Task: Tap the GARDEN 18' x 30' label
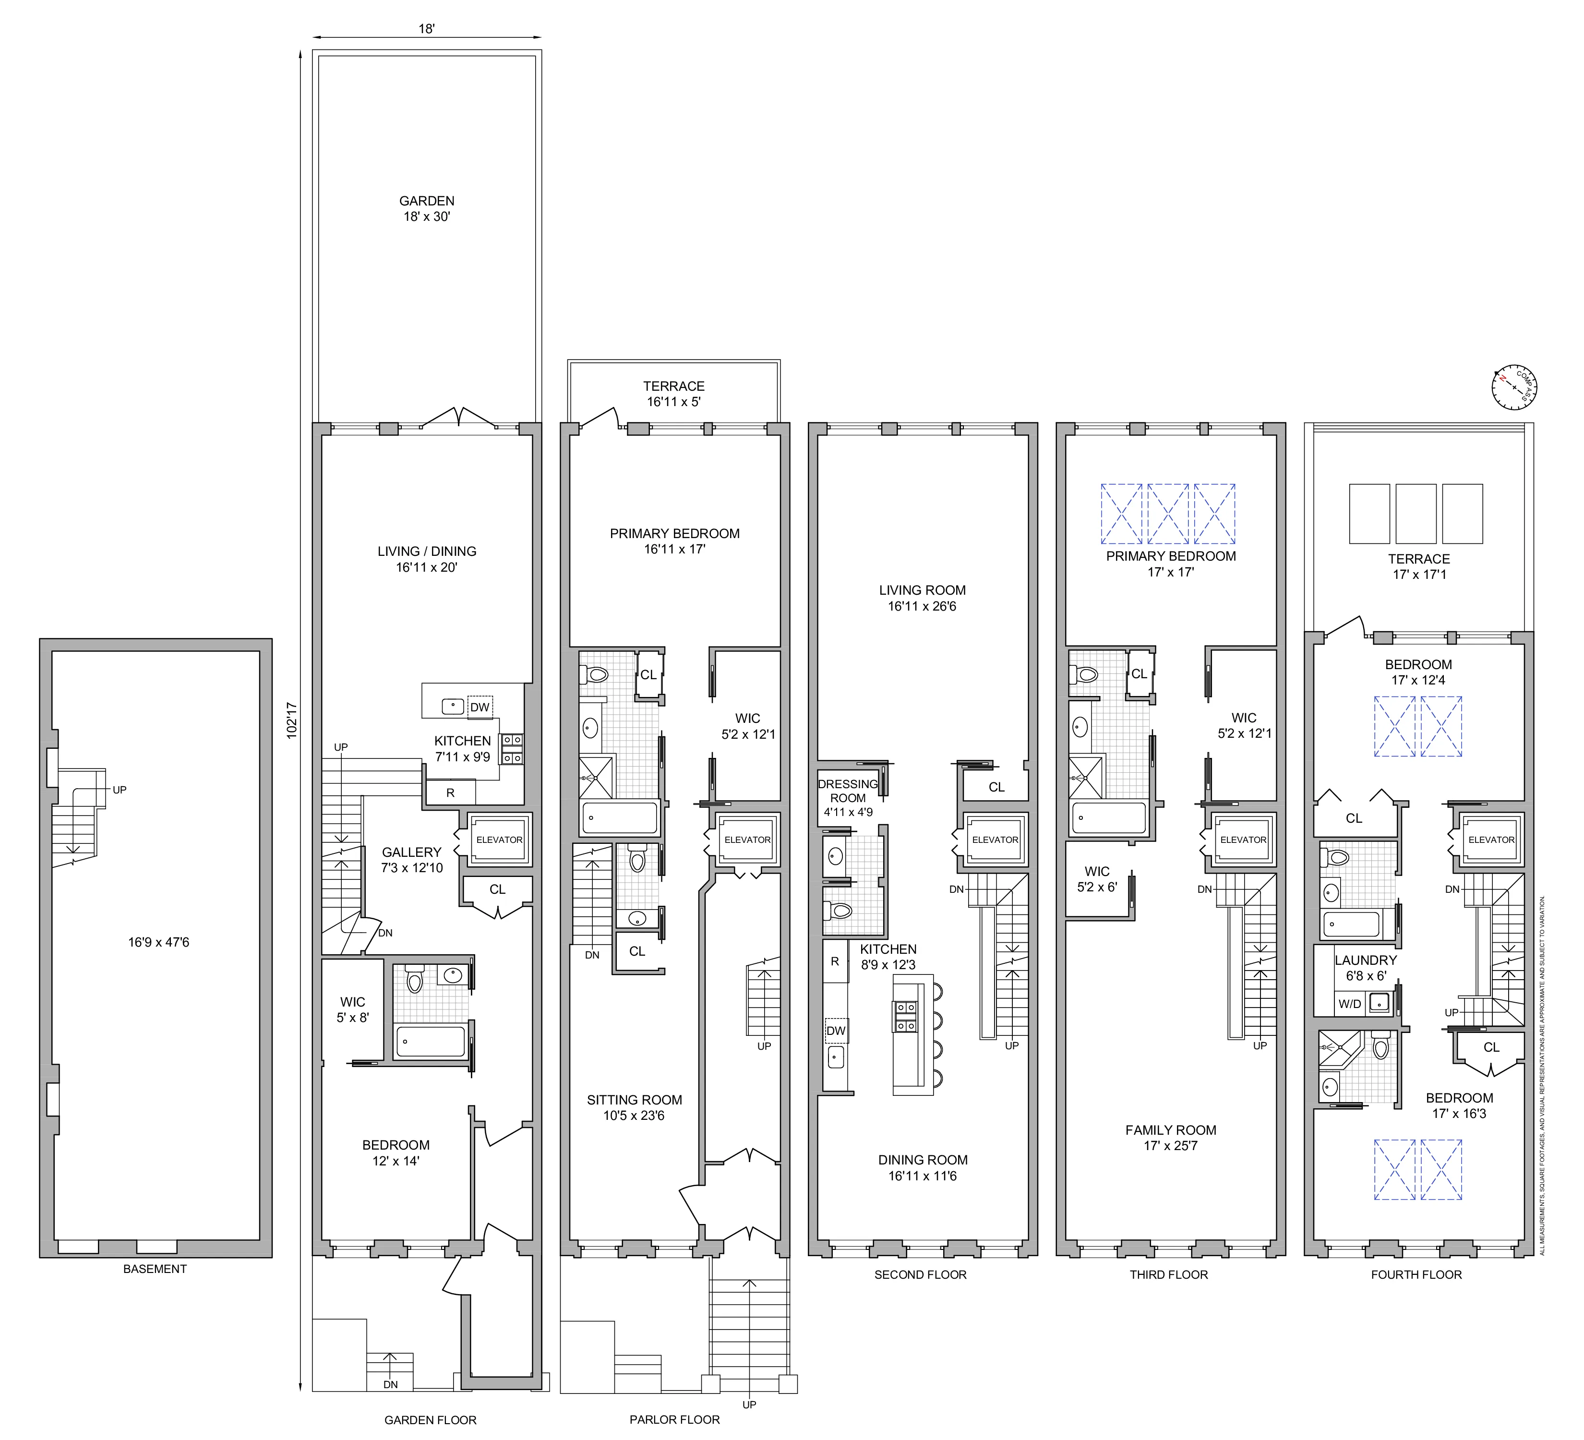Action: point(427,209)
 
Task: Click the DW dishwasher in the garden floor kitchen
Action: point(480,707)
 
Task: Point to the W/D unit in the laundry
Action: point(1350,1004)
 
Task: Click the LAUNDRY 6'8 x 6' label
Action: point(1366,968)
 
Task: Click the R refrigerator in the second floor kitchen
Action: point(835,961)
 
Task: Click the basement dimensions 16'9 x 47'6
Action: point(159,942)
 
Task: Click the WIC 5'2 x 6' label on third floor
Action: point(1097,879)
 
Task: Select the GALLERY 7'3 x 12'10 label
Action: point(412,860)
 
